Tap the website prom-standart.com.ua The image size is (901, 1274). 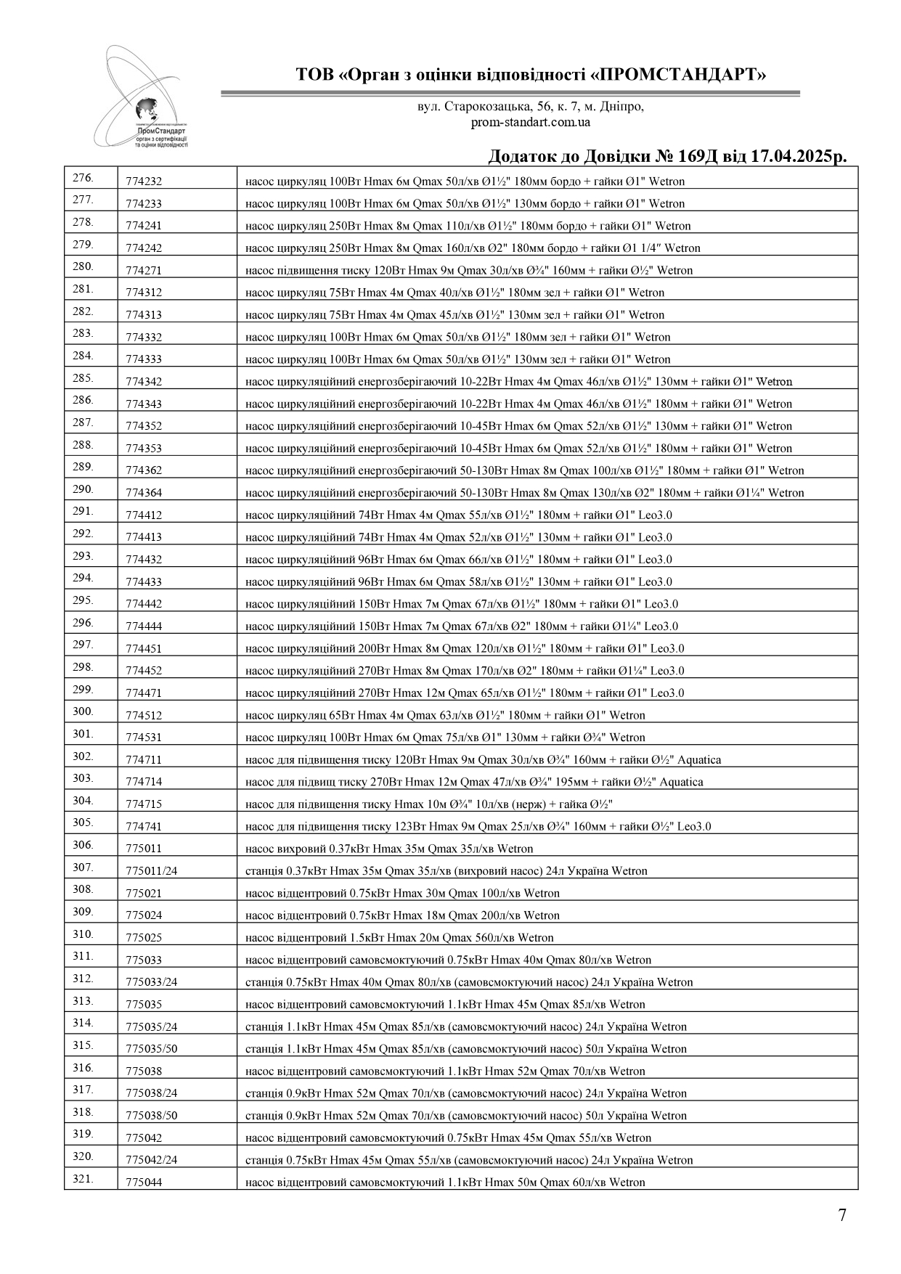530,122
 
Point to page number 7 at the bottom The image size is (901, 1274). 842,1215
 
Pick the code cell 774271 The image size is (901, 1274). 144,271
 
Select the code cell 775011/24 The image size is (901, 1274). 151,871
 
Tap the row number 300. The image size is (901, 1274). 83,712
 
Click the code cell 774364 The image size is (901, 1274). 144,493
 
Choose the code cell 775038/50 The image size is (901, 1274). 151,1116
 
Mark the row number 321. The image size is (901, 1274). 83,1179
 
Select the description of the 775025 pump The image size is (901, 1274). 399,938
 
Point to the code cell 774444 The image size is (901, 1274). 144,626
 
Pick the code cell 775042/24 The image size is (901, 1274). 151,1160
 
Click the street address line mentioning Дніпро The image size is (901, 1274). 530,107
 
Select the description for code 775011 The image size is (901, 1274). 389,849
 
